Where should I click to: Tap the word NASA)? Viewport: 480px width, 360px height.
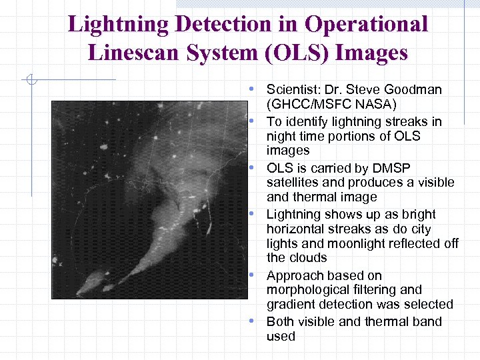(x=376, y=104)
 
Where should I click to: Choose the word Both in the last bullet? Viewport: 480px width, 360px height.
(x=280, y=321)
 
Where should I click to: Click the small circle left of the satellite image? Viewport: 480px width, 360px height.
(x=29, y=81)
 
